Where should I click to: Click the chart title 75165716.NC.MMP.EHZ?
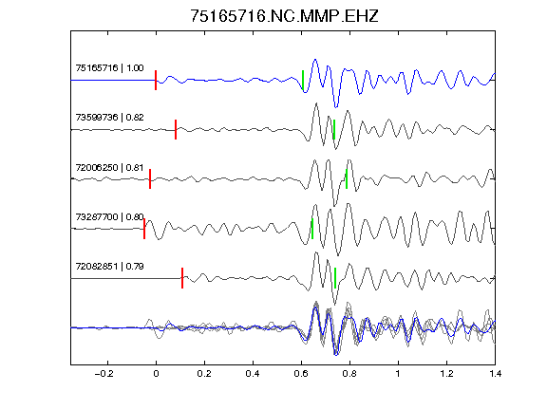click(284, 16)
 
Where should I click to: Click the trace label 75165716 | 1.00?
click(109, 67)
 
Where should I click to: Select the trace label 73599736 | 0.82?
click(109, 117)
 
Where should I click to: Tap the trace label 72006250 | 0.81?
click(109, 168)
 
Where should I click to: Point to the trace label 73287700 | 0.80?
click(109, 216)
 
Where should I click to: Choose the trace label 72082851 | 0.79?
click(109, 267)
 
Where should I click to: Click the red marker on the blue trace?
click(156, 80)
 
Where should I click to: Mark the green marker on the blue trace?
click(303, 80)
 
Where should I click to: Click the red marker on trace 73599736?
click(176, 130)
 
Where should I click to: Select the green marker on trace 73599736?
click(334, 130)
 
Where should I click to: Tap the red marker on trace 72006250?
click(150, 179)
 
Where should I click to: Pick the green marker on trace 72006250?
click(347, 179)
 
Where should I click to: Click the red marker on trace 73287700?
click(144, 229)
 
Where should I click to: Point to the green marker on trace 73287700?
click(312, 229)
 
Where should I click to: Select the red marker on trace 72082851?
click(182, 278)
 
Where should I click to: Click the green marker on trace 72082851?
click(335, 278)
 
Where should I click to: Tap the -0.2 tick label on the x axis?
click(104, 374)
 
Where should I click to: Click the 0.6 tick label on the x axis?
click(301, 374)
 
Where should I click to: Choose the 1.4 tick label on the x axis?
click(495, 374)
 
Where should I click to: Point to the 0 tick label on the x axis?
click(156, 374)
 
